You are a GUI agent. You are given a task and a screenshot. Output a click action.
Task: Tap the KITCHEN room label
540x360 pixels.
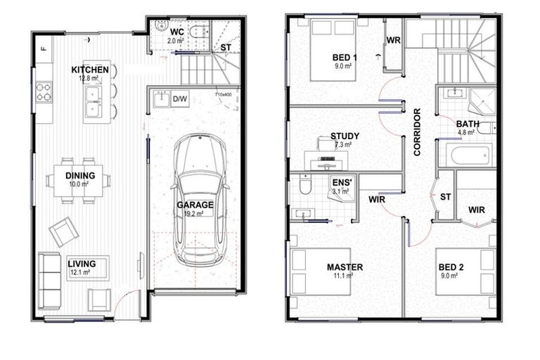90,70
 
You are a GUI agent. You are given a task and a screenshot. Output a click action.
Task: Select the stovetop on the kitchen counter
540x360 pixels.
44,92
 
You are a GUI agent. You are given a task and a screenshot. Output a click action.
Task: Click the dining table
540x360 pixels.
77,180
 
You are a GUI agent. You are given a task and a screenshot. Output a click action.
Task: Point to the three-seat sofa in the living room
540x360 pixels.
49,275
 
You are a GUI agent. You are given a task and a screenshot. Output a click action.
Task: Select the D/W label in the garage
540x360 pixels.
180,99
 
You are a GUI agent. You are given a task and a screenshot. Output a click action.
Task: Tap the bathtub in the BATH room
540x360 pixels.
470,155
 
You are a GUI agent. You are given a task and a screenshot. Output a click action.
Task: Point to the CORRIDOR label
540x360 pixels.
417,131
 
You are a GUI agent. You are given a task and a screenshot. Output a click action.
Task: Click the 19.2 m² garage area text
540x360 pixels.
195,214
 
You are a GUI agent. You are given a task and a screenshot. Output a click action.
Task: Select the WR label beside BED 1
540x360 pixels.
393,41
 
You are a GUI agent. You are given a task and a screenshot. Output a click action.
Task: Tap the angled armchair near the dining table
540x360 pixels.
63,231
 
